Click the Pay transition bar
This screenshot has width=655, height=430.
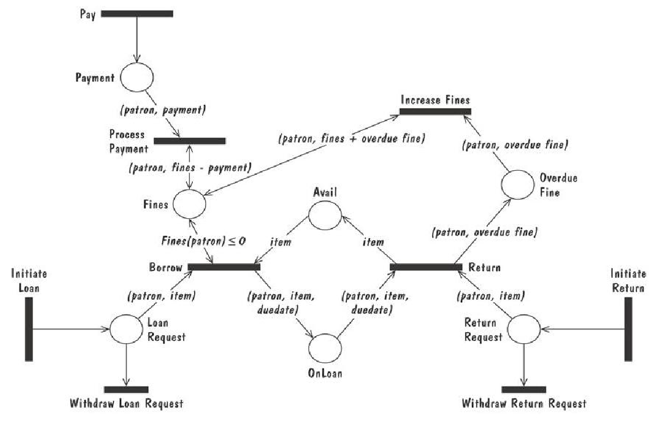(x=137, y=13)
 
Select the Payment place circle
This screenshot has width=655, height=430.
(x=137, y=77)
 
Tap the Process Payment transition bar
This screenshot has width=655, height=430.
(x=189, y=140)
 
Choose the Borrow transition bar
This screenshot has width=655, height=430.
(x=224, y=267)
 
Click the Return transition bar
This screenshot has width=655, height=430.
(x=426, y=267)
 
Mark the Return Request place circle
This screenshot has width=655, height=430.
(x=524, y=329)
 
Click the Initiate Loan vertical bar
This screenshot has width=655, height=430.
(x=28, y=329)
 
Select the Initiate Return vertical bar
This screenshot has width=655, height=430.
(x=628, y=328)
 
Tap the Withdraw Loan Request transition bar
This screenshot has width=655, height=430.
(x=126, y=389)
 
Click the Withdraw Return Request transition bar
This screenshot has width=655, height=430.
(x=524, y=389)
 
